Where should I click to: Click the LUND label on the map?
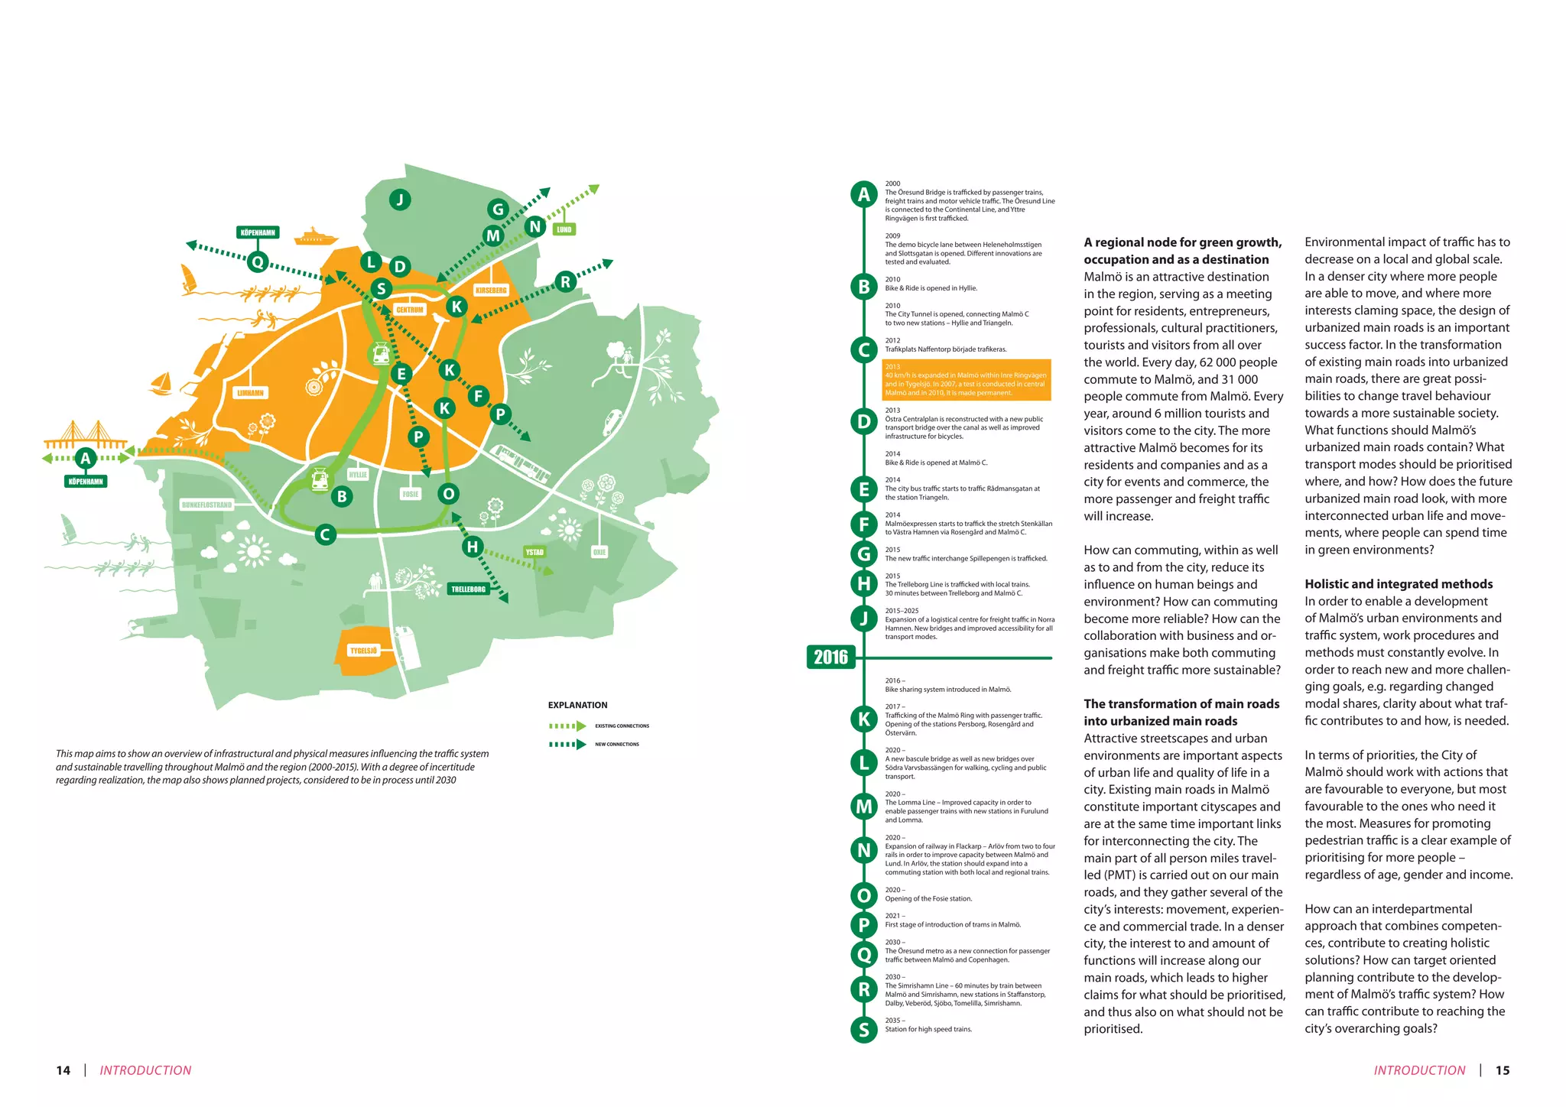(x=564, y=229)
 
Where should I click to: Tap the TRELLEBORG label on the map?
(x=468, y=589)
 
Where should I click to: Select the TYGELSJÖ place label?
(x=363, y=651)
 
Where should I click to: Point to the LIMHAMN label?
(x=250, y=393)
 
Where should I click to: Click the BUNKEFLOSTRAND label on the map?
(x=206, y=505)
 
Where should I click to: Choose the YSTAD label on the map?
(x=534, y=552)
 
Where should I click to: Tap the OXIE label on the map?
(x=599, y=552)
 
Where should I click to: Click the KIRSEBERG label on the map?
(x=491, y=291)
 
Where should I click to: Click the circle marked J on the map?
(x=399, y=200)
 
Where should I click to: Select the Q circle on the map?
(x=258, y=262)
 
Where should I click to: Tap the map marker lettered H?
(x=473, y=547)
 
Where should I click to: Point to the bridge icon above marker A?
(x=86, y=434)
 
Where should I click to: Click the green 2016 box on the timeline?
(x=830, y=657)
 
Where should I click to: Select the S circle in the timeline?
(x=864, y=1030)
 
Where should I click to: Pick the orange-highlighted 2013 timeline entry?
(x=967, y=380)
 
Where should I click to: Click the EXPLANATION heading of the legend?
(x=577, y=705)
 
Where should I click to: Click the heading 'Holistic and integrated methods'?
(x=1399, y=584)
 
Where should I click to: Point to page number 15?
(x=1502, y=1070)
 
